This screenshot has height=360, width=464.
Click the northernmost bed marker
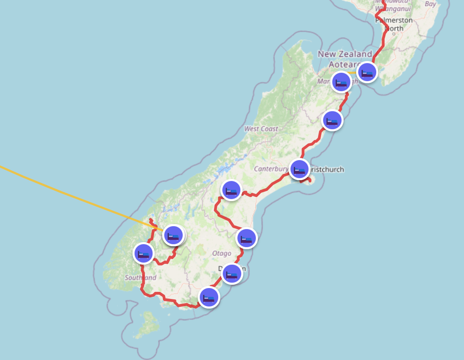click(x=367, y=72)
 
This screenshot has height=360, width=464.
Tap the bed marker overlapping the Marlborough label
click(x=341, y=82)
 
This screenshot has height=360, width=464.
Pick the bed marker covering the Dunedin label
click(x=232, y=274)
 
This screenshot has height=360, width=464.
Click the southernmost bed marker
click(x=209, y=297)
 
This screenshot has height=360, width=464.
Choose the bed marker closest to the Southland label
click(x=143, y=253)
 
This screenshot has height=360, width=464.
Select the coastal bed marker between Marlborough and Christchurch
click(x=332, y=120)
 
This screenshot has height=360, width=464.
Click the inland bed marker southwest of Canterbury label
click(x=231, y=190)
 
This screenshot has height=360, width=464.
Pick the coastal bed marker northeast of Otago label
click(x=247, y=238)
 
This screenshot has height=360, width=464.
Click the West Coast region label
click(x=261, y=129)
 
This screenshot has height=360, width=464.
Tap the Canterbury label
click(x=270, y=169)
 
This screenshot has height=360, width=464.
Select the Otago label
click(x=222, y=253)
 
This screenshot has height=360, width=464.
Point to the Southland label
click(x=140, y=278)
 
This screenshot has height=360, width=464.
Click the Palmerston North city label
click(x=394, y=24)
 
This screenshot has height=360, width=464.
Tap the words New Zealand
click(x=344, y=54)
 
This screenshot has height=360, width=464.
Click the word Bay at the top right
click(x=430, y=4)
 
